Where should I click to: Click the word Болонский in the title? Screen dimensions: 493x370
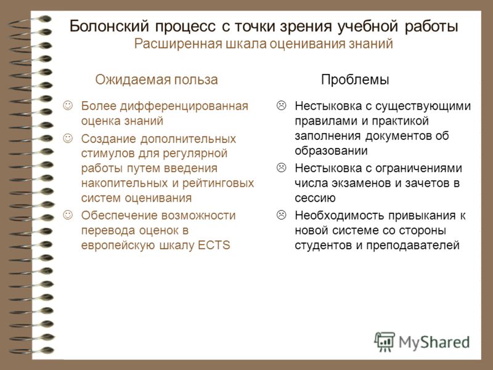click(x=109, y=26)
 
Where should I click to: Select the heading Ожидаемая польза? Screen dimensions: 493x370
click(x=157, y=80)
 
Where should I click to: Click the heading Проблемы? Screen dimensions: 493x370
click(x=355, y=80)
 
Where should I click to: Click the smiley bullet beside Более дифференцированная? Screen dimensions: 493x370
click(x=68, y=105)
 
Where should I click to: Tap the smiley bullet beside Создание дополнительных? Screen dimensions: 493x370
click(x=68, y=138)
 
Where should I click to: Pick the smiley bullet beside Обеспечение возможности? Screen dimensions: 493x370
click(x=68, y=215)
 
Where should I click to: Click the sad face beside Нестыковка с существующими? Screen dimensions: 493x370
click(x=282, y=105)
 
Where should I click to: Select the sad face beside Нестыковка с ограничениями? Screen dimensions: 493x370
click(x=282, y=167)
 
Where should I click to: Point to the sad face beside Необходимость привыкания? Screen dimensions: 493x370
click(x=282, y=215)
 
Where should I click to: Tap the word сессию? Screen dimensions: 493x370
click(x=315, y=198)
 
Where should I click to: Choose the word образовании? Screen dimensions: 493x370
click(x=331, y=150)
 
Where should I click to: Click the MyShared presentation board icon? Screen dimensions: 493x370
click(x=384, y=342)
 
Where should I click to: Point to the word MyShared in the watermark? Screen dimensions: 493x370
click(x=434, y=342)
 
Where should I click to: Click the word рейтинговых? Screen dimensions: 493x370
click(x=218, y=183)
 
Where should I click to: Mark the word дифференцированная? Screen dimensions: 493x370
click(x=184, y=106)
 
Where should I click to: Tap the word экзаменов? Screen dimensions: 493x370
click(x=359, y=183)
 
